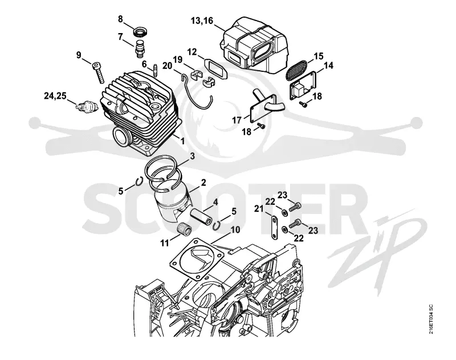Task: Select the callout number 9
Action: (x=79, y=55)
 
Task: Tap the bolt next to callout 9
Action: (x=98, y=73)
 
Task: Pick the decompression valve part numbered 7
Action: (x=140, y=49)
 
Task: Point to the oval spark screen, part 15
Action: (x=296, y=70)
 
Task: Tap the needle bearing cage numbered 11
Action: (x=184, y=226)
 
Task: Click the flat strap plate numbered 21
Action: (x=274, y=228)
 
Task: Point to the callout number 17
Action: (x=237, y=120)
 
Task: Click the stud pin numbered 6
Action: (x=154, y=70)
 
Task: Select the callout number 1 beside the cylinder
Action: (x=182, y=141)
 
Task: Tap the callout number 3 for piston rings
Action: (x=192, y=156)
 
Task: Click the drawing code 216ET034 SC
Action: (x=431, y=319)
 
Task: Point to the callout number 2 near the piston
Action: (x=203, y=183)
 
